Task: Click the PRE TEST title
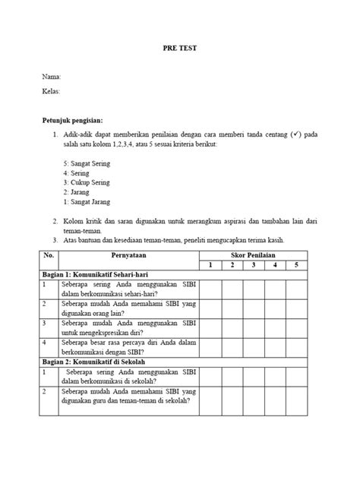point(179,47)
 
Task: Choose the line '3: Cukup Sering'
point(87,183)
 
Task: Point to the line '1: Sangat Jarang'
point(87,202)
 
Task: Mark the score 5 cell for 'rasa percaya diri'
point(296,348)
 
